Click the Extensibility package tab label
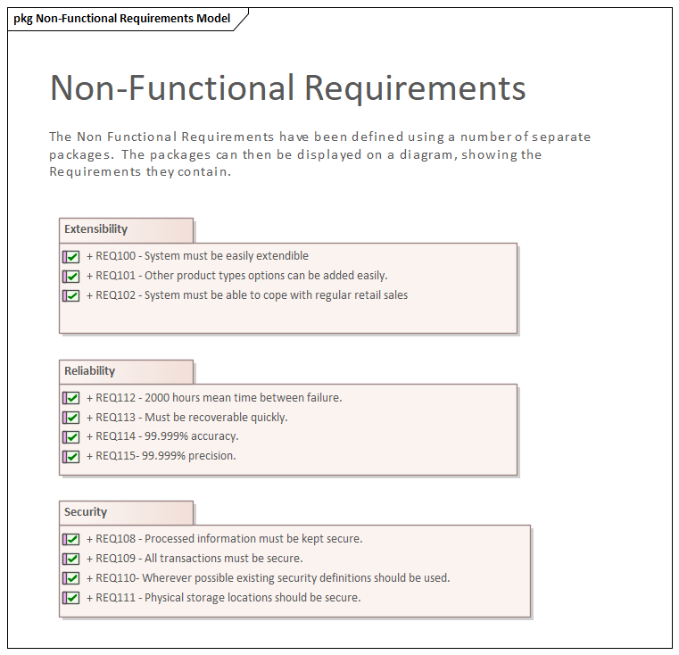pos(95,229)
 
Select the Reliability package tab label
pos(89,371)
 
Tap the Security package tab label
pos(86,512)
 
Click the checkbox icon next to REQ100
pos(71,257)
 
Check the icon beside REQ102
pos(71,296)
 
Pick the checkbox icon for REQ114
pos(71,437)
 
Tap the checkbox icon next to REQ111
pos(71,598)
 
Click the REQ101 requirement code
pos(116,276)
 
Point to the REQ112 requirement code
pos(116,398)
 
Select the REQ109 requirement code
pos(116,559)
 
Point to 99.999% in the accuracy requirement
pos(166,436)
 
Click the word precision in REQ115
pos(211,456)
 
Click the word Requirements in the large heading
pos(415,88)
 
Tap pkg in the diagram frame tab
pos(23,19)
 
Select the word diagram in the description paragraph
pos(428,155)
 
